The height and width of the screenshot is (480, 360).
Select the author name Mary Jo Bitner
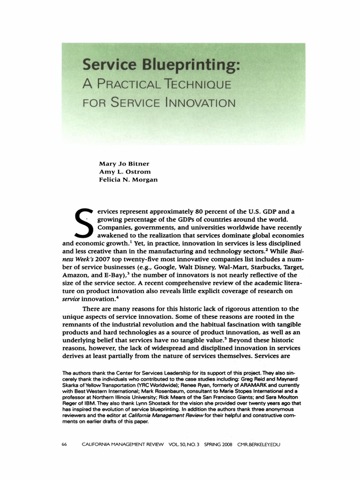click(123, 164)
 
